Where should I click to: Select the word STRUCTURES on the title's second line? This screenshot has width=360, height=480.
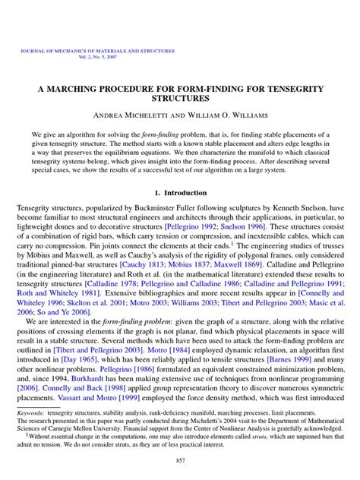(x=180, y=99)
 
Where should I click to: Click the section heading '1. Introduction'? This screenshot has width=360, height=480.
(x=180, y=195)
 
